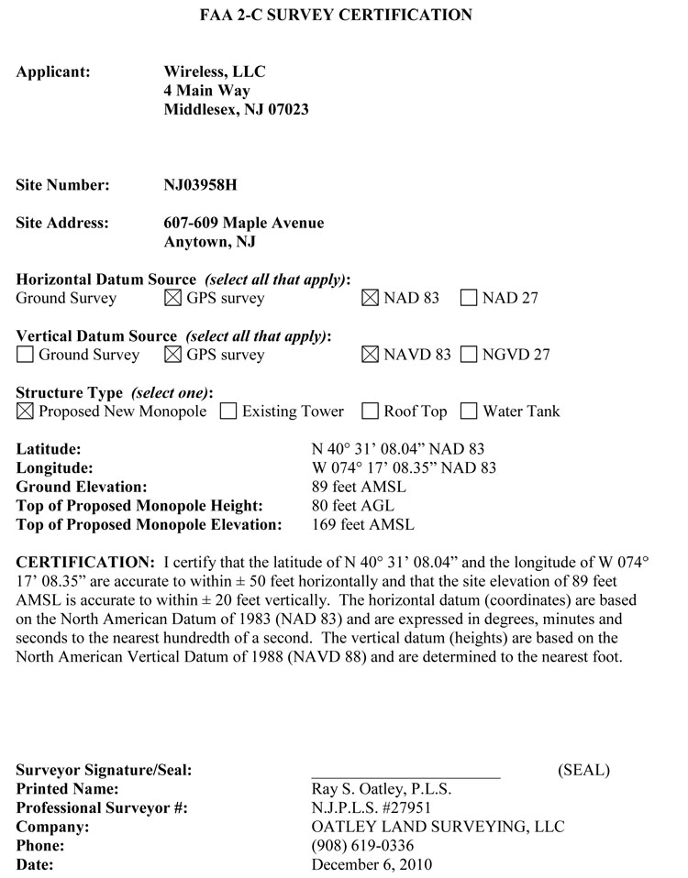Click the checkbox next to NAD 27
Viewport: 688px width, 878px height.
(469, 298)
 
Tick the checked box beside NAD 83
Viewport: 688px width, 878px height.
(370, 298)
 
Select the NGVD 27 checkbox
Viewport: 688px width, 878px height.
(469, 355)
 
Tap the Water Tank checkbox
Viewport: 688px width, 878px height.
(469, 412)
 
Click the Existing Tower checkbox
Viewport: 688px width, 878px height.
(228, 412)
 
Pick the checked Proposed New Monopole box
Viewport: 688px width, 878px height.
(25, 412)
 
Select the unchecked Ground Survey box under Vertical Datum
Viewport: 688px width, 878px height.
(25, 355)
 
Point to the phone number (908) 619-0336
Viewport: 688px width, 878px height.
(362, 845)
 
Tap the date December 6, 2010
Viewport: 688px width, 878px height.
(372, 864)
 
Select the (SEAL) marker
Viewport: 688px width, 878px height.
(583, 770)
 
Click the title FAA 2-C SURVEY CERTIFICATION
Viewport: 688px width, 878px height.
(337, 15)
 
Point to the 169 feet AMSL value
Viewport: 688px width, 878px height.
(363, 525)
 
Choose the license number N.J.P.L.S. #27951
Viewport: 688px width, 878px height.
(372, 807)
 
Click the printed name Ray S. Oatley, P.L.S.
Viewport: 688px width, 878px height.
(382, 788)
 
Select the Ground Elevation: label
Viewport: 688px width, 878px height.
(82, 487)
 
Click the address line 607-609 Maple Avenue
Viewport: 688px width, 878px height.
(243, 223)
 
